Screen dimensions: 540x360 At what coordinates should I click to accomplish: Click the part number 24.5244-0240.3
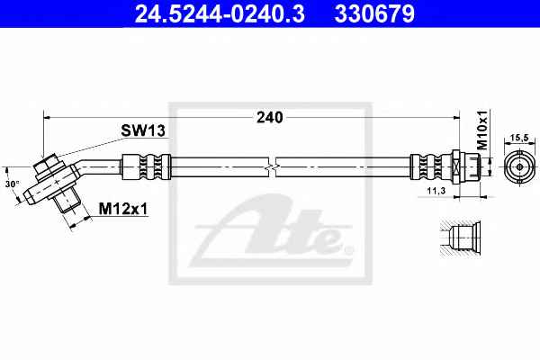(x=220, y=13)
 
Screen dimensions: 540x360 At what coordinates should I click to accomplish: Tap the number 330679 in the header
(x=374, y=13)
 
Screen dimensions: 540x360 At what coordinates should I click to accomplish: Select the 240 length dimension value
(x=270, y=118)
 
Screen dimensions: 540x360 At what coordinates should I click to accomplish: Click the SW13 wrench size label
(x=143, y=130)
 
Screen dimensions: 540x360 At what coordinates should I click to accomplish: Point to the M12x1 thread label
(x=123, y=209)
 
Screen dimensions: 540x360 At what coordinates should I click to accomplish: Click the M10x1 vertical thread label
(x=482, y=130)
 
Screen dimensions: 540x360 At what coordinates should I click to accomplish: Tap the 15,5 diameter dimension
(x=519, y=138)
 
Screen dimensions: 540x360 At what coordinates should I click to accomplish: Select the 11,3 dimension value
(x=436, y=191)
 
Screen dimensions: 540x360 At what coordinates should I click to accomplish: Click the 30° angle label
(x=13, y=184)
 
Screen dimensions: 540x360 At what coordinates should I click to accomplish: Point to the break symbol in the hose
(x=272, y=167)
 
